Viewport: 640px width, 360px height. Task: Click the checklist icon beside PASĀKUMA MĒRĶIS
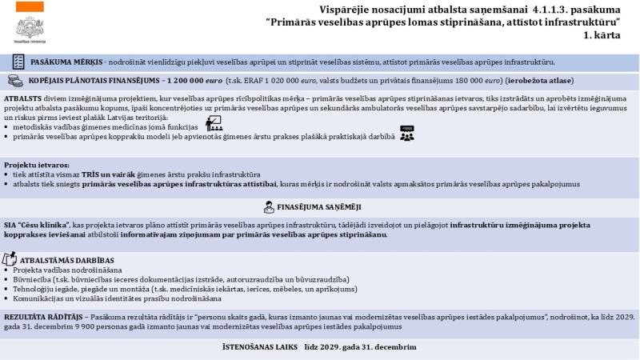coord(18,62)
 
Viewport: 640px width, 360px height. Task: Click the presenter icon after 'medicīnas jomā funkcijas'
coord(214,123)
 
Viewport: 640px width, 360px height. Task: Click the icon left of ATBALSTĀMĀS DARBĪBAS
coord(10,259)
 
